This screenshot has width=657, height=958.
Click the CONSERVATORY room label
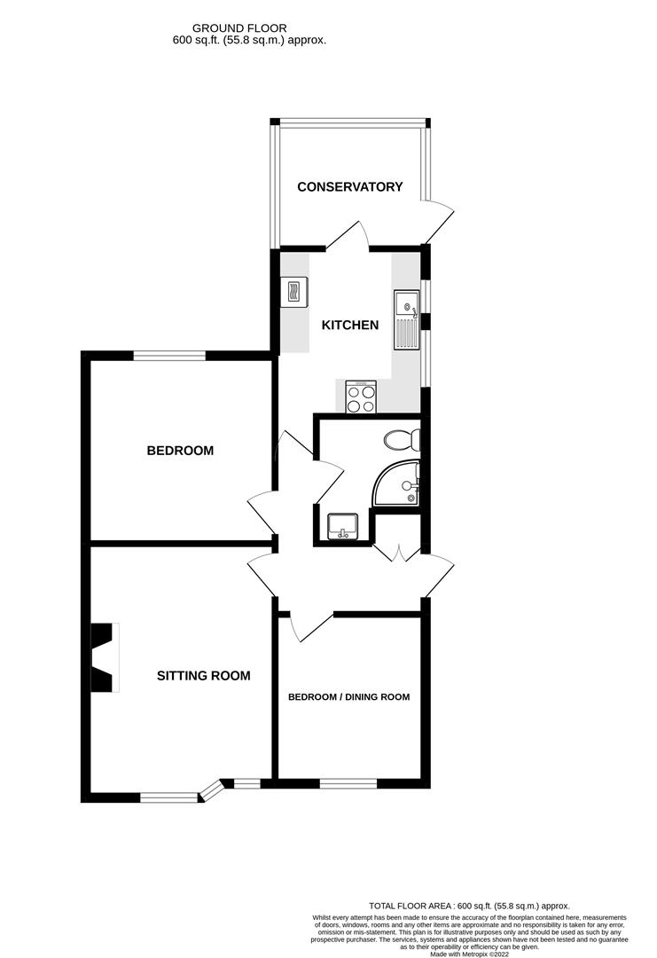click(x=349, y=187)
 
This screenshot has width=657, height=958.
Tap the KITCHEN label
click(x=349, y=326)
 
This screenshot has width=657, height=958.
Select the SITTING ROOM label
click(x=203, y=676)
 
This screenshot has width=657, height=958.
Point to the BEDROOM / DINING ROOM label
click(x=348, y=697)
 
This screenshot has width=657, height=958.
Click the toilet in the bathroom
click(x=402, y=439)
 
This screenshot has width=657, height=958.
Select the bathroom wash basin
click(x=342, y=528)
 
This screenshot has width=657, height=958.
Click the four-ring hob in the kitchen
click(x=361, y=397)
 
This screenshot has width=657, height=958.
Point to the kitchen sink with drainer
click(x=407, y=318)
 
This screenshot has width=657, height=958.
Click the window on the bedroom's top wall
click(x=169, y=356)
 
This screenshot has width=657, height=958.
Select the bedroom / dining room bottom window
click(x=348, y=782)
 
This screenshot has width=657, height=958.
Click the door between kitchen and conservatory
click(x=348, y=239)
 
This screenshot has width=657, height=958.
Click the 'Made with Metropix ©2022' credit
click(x=469, y=954)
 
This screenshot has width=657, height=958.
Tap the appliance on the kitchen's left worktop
click(x=293, y=290)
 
